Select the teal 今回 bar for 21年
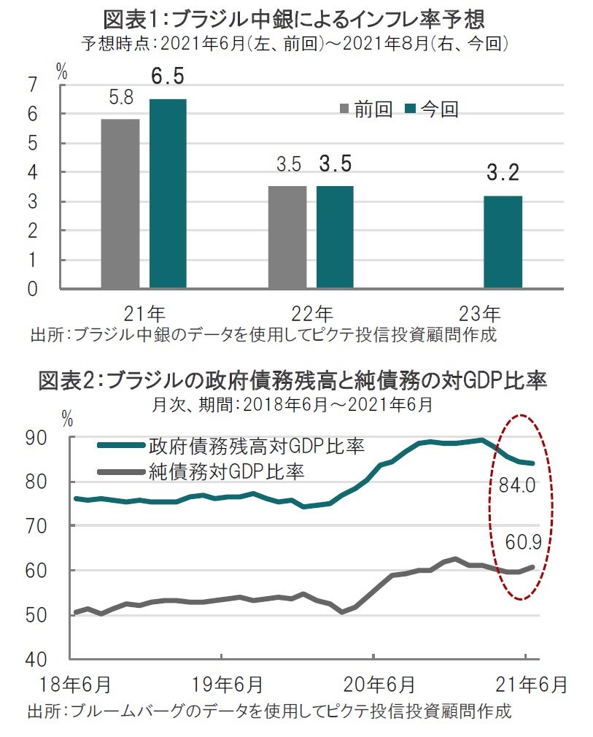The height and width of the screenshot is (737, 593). point(168,193)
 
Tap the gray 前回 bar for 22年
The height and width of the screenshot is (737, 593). point(287,236)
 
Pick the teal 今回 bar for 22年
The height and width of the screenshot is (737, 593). point(335,236)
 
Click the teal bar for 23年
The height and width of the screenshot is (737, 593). point(503,242)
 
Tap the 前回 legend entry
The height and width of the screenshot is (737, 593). point(367,110)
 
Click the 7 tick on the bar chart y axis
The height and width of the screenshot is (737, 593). point(31,86)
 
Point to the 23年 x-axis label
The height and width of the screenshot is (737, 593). point(480,315)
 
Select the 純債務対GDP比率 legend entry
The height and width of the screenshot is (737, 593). point(225,471)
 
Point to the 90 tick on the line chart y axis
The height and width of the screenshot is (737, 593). point(37,438)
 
